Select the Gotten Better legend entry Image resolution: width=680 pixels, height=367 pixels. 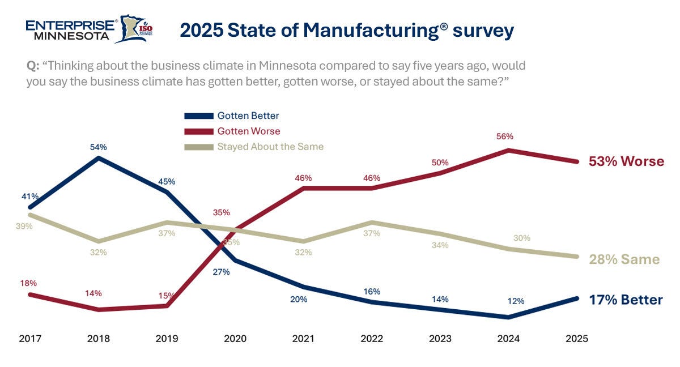[x=248, y=116]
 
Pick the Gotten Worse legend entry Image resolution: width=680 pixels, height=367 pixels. [x=248, y=131]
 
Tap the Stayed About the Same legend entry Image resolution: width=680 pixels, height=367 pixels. [x=270, y=146]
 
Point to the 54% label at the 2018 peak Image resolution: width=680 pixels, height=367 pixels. [x=98, y=147]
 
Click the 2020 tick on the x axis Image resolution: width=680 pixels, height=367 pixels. [x=235, y=339]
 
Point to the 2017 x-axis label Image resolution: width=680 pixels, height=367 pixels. [x=30, y=339]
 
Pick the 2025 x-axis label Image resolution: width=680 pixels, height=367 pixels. [x=577, y=339]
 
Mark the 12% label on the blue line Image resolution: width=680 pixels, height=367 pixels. [x=508, y=301]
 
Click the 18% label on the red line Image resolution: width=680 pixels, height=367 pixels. [x=28, y=283]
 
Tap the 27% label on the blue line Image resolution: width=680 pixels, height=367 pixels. [x=221, y=272]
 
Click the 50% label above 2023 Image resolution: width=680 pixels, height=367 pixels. [x=440, y=163]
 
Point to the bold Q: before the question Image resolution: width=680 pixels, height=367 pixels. [x=33, y=66]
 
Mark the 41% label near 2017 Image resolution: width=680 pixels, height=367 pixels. [x=30, y=197]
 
